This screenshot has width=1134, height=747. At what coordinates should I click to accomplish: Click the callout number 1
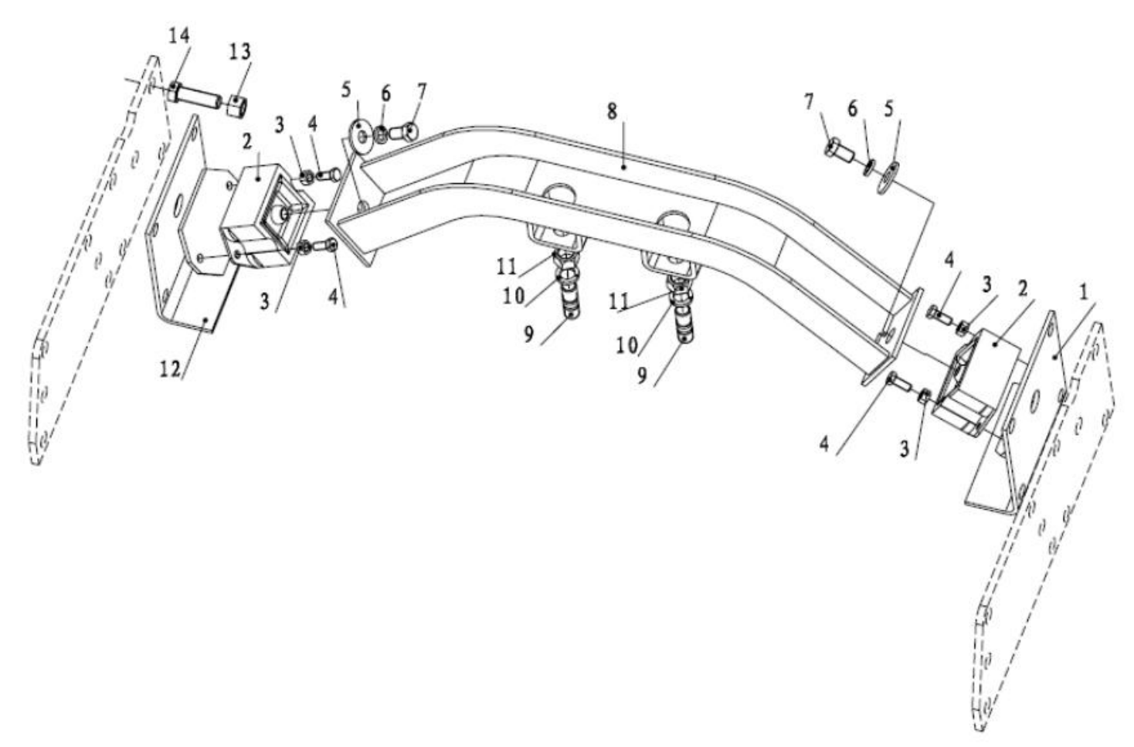pos(1083,292)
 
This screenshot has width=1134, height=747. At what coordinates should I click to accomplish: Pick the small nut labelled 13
pos(236,105)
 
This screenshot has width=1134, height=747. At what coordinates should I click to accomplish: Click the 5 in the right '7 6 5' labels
pos(889,109)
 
